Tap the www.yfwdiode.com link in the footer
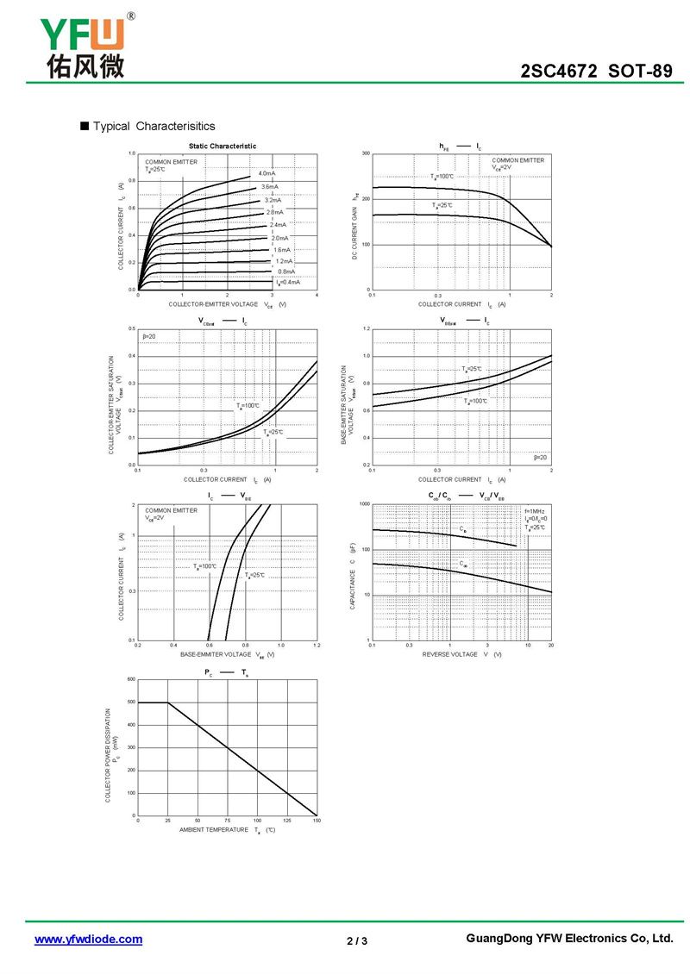pos(88,940)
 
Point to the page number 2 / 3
pos(357,940)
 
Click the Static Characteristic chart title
pos(223,147)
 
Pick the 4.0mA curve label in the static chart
pos(267,174)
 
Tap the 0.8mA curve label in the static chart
pos(286,272)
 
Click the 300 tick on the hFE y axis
pos(366,153)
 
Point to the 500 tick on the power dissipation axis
pos(131,702)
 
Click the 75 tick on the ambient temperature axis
pos(228,821)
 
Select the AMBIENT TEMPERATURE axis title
pos(214,830)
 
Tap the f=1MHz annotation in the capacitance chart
pos(535,512)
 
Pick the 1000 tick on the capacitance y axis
pos(364,503)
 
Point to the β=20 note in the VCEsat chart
pos(149,335)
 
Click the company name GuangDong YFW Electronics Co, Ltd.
pos(569,939)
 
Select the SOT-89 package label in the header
pos(640,72)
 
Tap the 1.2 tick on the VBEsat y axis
pos(366,328)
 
